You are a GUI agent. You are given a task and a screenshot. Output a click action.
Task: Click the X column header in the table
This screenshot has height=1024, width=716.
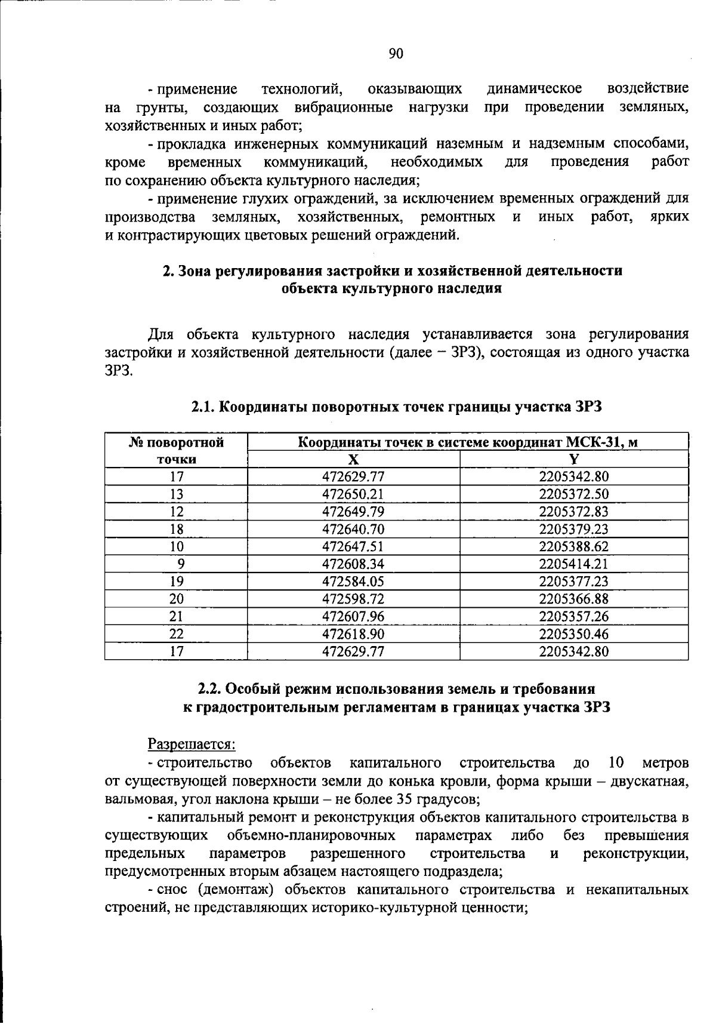pos(353,459)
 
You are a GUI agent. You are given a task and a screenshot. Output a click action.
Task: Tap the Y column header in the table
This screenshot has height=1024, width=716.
pos(574,459)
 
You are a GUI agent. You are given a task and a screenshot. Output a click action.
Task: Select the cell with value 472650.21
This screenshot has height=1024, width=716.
pos(353,494)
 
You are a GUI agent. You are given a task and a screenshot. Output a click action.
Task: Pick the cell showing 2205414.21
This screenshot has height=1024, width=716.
pos(574,564)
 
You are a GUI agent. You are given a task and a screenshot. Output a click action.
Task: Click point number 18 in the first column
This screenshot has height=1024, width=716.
pos(177,530)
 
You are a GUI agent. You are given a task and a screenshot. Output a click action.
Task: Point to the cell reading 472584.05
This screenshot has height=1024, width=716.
pos(353,582)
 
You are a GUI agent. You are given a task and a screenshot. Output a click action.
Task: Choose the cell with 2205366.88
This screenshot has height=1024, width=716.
pos(574,599)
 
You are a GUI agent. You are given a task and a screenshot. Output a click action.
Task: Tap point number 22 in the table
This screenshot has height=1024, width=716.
pos(177,634)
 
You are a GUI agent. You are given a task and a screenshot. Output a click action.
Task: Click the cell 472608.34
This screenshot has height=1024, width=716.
pos(353,564)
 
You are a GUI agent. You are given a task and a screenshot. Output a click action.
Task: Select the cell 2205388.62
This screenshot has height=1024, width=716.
pos(574,547)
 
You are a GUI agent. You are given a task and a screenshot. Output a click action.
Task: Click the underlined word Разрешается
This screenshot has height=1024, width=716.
pos(192,745)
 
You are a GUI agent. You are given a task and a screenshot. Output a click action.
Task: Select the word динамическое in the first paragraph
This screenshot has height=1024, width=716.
pos(535,90)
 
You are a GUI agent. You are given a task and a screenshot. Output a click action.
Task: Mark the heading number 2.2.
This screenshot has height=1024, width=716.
pos(210,688)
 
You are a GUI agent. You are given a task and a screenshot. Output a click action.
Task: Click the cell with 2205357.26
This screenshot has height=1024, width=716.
pos(574,617)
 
